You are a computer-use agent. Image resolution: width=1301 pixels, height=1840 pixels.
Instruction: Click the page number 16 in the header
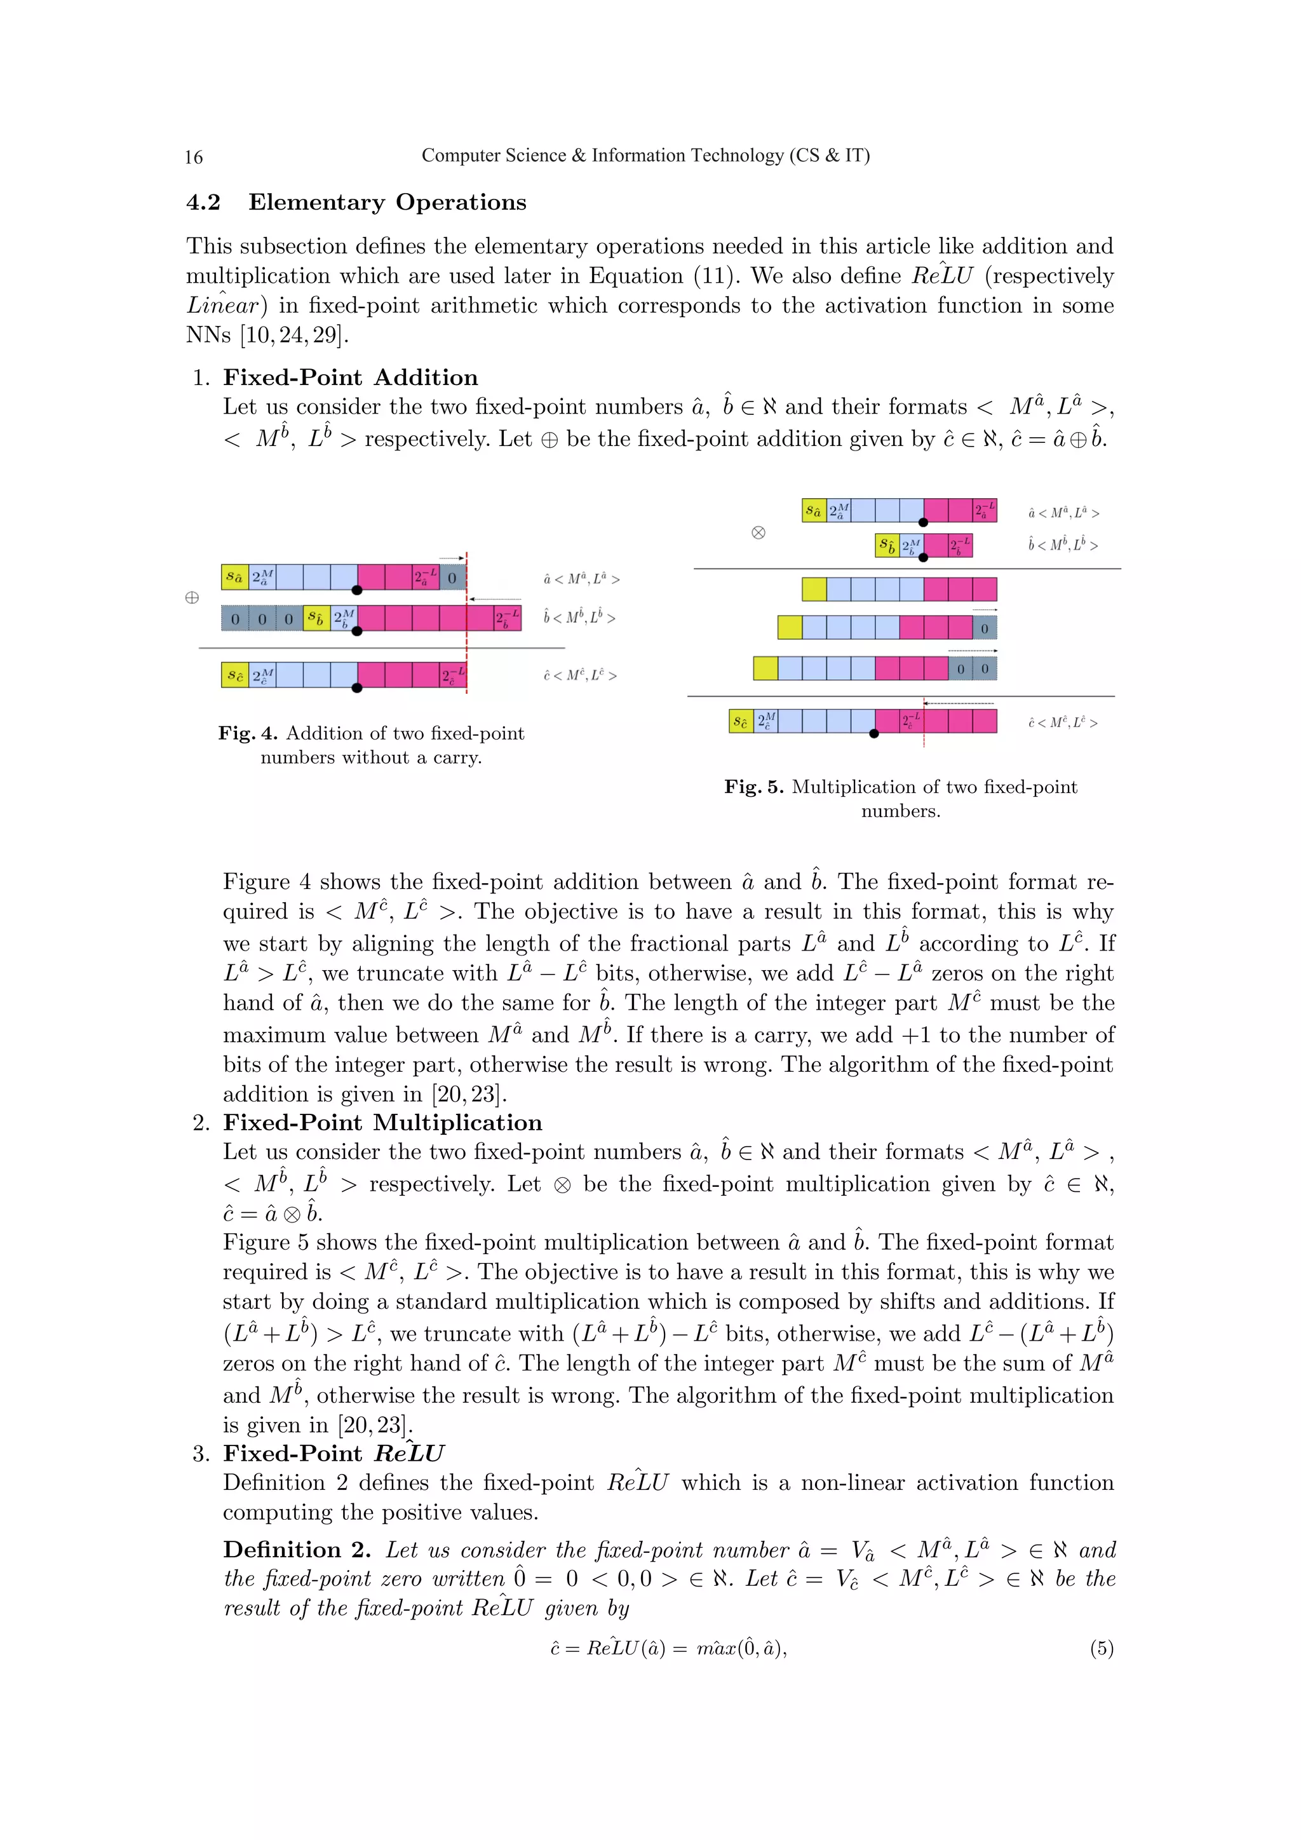coord(194,157)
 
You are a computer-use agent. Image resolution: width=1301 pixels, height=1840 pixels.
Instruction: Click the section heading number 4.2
coord(203,203)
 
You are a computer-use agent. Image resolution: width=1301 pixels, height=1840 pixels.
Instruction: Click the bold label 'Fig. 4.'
coord(248,733)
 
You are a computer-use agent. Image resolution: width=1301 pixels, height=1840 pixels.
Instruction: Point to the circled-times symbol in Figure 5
coord(758,533)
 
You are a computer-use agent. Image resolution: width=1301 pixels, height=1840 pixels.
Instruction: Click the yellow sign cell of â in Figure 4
coord(234,577)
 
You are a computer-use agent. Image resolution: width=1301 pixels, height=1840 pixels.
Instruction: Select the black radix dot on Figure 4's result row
coord(357,687)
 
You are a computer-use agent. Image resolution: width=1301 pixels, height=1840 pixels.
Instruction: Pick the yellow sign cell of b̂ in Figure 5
coord(887,546)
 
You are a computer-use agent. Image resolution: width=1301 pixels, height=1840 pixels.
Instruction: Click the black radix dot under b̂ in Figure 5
coord(924,557)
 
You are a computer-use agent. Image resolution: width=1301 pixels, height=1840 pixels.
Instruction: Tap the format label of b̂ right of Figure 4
coord(579,618)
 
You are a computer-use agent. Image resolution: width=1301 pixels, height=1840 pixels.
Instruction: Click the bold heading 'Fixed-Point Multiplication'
coord(382,1123)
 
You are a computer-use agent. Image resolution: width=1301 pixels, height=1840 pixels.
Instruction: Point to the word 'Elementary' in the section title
coord(316,203)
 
